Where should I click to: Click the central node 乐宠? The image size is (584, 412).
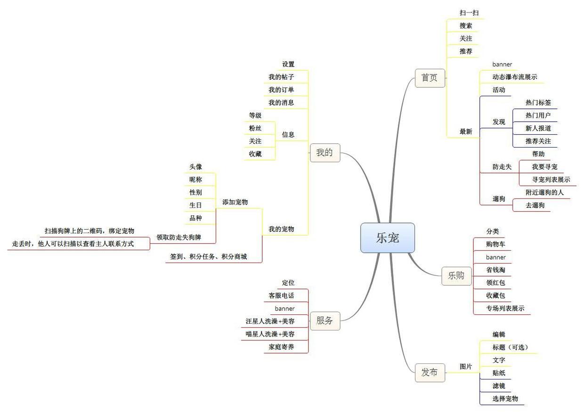point(388,238)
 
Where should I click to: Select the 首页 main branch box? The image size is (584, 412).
point(430,78)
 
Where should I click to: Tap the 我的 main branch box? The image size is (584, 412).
point(324,153)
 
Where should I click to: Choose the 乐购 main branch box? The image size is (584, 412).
point(456,276)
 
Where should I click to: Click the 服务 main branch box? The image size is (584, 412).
point(324,321)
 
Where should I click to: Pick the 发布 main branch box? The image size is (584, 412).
point(430,372)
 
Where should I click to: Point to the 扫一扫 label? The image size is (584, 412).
point(469,13)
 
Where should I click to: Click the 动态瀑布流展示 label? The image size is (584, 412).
point(515,77)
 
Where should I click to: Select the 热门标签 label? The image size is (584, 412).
point(538,102)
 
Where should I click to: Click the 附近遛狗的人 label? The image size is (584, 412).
point(544,192)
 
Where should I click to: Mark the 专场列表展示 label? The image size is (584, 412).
point(505,309)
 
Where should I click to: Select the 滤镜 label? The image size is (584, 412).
point(499,386)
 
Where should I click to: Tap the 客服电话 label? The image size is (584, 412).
point(281,296)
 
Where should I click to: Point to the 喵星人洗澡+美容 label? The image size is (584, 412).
point(270,334)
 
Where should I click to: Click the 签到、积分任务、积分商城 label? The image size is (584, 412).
point(208,257)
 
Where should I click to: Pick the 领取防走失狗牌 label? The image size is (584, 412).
point(178,237)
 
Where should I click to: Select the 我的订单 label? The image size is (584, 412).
point(281,90)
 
